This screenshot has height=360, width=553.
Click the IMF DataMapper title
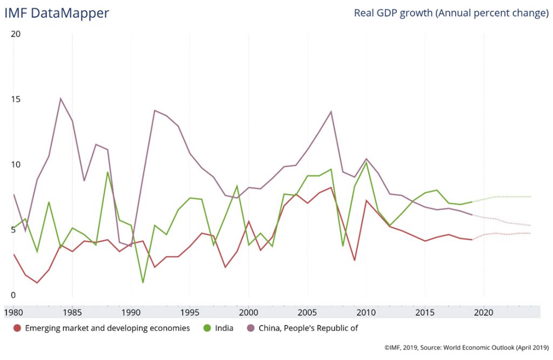(x=57, y=13)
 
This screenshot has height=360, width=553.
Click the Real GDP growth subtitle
(x=451, y=13)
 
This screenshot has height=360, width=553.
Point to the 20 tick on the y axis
(x=16, y=33)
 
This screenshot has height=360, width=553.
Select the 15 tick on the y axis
(x=16, y=99)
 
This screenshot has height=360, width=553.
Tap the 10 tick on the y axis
(x=16, y=165)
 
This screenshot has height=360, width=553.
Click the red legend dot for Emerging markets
(x=17, y=328)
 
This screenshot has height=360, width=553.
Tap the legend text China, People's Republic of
(x=308, y=328)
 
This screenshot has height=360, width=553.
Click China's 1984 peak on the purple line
(x=60, y=98)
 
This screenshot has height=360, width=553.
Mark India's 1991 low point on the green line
(x=143, y=282)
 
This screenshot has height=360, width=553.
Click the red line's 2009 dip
(x=354, y=260)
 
